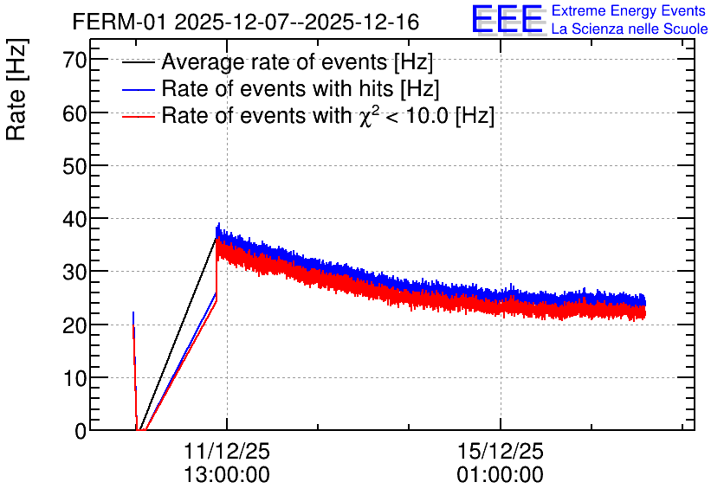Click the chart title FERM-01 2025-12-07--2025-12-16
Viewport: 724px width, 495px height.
(246, 22)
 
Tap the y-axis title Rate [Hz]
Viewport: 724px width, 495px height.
(16, 89)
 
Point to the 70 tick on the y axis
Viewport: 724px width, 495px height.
(74, 60)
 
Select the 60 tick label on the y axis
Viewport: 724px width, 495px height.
(74, 113)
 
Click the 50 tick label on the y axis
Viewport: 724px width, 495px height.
(74, 166)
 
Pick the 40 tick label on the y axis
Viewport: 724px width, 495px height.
(74, 219)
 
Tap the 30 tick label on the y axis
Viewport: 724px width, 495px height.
(74, 273)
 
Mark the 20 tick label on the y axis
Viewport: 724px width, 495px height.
(74, 325)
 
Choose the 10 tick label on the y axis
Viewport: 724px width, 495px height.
(74, 378)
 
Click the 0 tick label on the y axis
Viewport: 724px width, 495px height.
(81, 431)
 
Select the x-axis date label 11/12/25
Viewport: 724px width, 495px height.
(227, 451)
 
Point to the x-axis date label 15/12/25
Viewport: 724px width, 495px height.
(501, 451)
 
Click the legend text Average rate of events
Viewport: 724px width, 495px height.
(275, 62)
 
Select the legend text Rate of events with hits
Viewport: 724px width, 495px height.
(277, 88)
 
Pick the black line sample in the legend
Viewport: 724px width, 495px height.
(138, 62)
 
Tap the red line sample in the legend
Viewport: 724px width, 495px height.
(138, 116)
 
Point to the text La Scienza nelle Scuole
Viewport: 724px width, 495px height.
(630, 29)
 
